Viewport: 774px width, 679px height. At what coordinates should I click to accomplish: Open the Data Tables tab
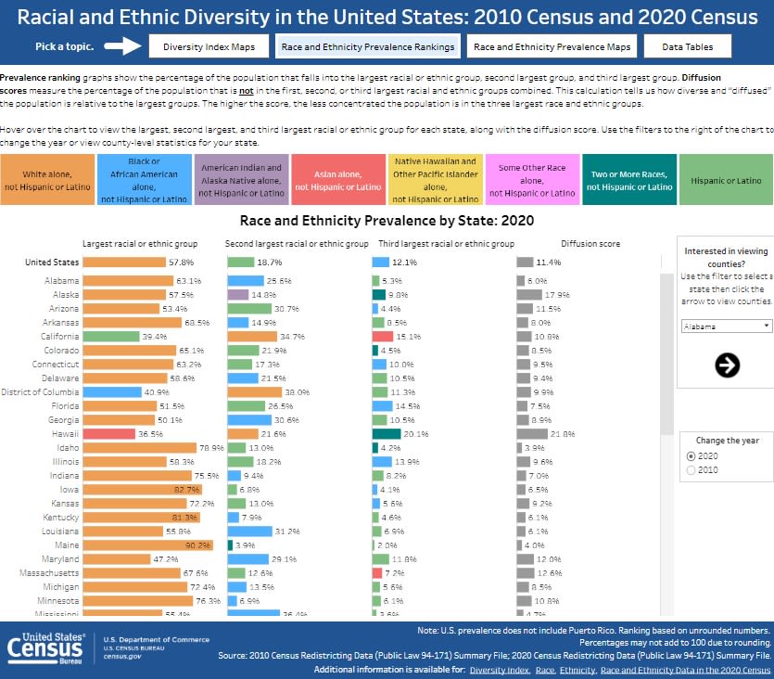pos(687,46)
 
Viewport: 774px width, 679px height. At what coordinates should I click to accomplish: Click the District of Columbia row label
pos(39,392)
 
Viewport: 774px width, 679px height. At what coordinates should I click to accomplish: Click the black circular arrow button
pos(728,365)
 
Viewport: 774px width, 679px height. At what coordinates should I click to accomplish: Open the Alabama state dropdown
pos(727,327)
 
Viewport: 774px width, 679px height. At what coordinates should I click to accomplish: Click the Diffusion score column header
pos(590,244)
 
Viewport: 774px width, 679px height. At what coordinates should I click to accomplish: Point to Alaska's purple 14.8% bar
pos(237,295)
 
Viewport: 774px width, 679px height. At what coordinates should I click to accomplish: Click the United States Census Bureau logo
pos(47,647)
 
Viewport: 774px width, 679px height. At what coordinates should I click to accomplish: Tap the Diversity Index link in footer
pos(499,669)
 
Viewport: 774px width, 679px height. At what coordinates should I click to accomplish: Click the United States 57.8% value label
pos(181,263)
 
